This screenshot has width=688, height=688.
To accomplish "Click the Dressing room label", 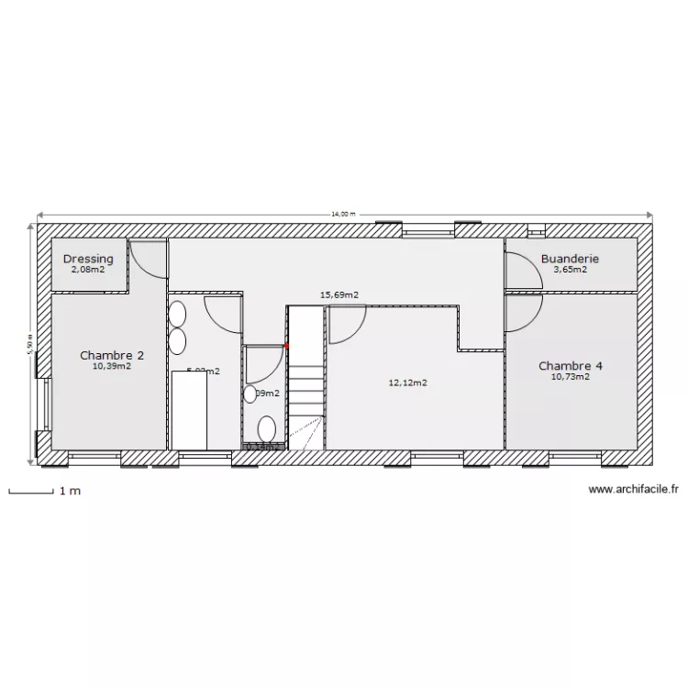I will (88, 259).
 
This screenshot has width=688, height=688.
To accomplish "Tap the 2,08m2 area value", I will (88, 270).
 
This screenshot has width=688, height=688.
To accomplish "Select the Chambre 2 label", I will (111, 354).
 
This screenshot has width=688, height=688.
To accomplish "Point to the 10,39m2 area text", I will (111, 365).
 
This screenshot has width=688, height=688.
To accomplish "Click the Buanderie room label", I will (570, 259).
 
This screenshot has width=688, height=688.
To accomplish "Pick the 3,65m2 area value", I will (570, 270).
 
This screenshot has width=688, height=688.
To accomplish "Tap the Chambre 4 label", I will (570, 365).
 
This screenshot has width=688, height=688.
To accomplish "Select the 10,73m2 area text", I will (570, 376).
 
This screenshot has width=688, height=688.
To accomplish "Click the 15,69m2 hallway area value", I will (338, 295).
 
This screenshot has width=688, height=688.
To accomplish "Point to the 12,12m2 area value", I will (408, 383).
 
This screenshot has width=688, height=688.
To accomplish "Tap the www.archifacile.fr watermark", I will (633, 490).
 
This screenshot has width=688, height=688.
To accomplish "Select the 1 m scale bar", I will (30, 492).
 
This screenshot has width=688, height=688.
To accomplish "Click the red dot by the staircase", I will (287, 346).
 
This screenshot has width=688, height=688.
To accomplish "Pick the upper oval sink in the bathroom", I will (177, 315).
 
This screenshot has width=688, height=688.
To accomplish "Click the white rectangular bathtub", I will (190, 410).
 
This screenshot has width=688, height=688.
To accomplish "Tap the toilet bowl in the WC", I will (267, 428).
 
